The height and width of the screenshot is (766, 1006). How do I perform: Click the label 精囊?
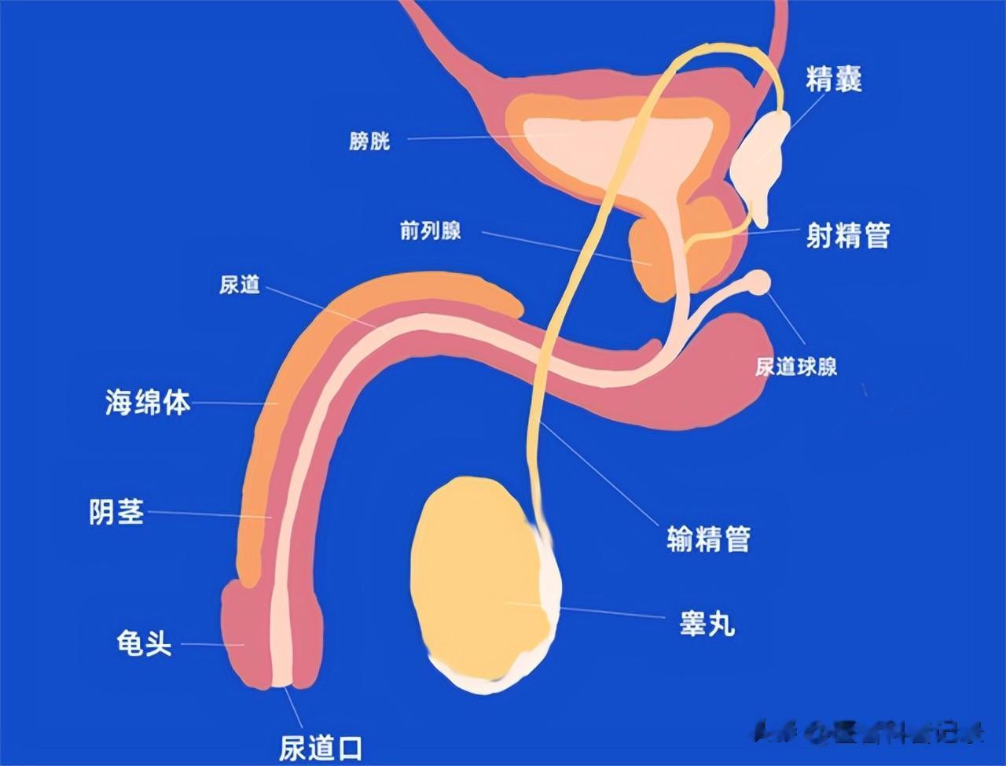coord(834,79)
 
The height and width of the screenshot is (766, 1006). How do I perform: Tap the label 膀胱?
coord(369,142)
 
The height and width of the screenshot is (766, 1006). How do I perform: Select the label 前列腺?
coord(430,231)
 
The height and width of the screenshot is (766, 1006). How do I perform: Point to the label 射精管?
coord(848,234)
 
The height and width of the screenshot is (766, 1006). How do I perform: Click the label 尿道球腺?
coord(796,366)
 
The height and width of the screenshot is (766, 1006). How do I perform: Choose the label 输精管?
coord(708,539)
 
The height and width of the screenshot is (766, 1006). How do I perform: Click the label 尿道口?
coord(321,746)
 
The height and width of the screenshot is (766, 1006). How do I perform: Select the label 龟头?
coord(144,644)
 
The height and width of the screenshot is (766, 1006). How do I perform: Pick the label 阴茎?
coord(117,512)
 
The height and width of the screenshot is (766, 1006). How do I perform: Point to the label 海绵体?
coord(148,403)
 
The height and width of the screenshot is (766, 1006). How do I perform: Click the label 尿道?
coord(240,285)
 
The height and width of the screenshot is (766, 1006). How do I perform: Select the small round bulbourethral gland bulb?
coord(759,282)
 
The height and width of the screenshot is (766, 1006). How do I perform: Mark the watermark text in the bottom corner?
coord(868,733)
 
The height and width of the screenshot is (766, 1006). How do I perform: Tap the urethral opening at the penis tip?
coord(282,683)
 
